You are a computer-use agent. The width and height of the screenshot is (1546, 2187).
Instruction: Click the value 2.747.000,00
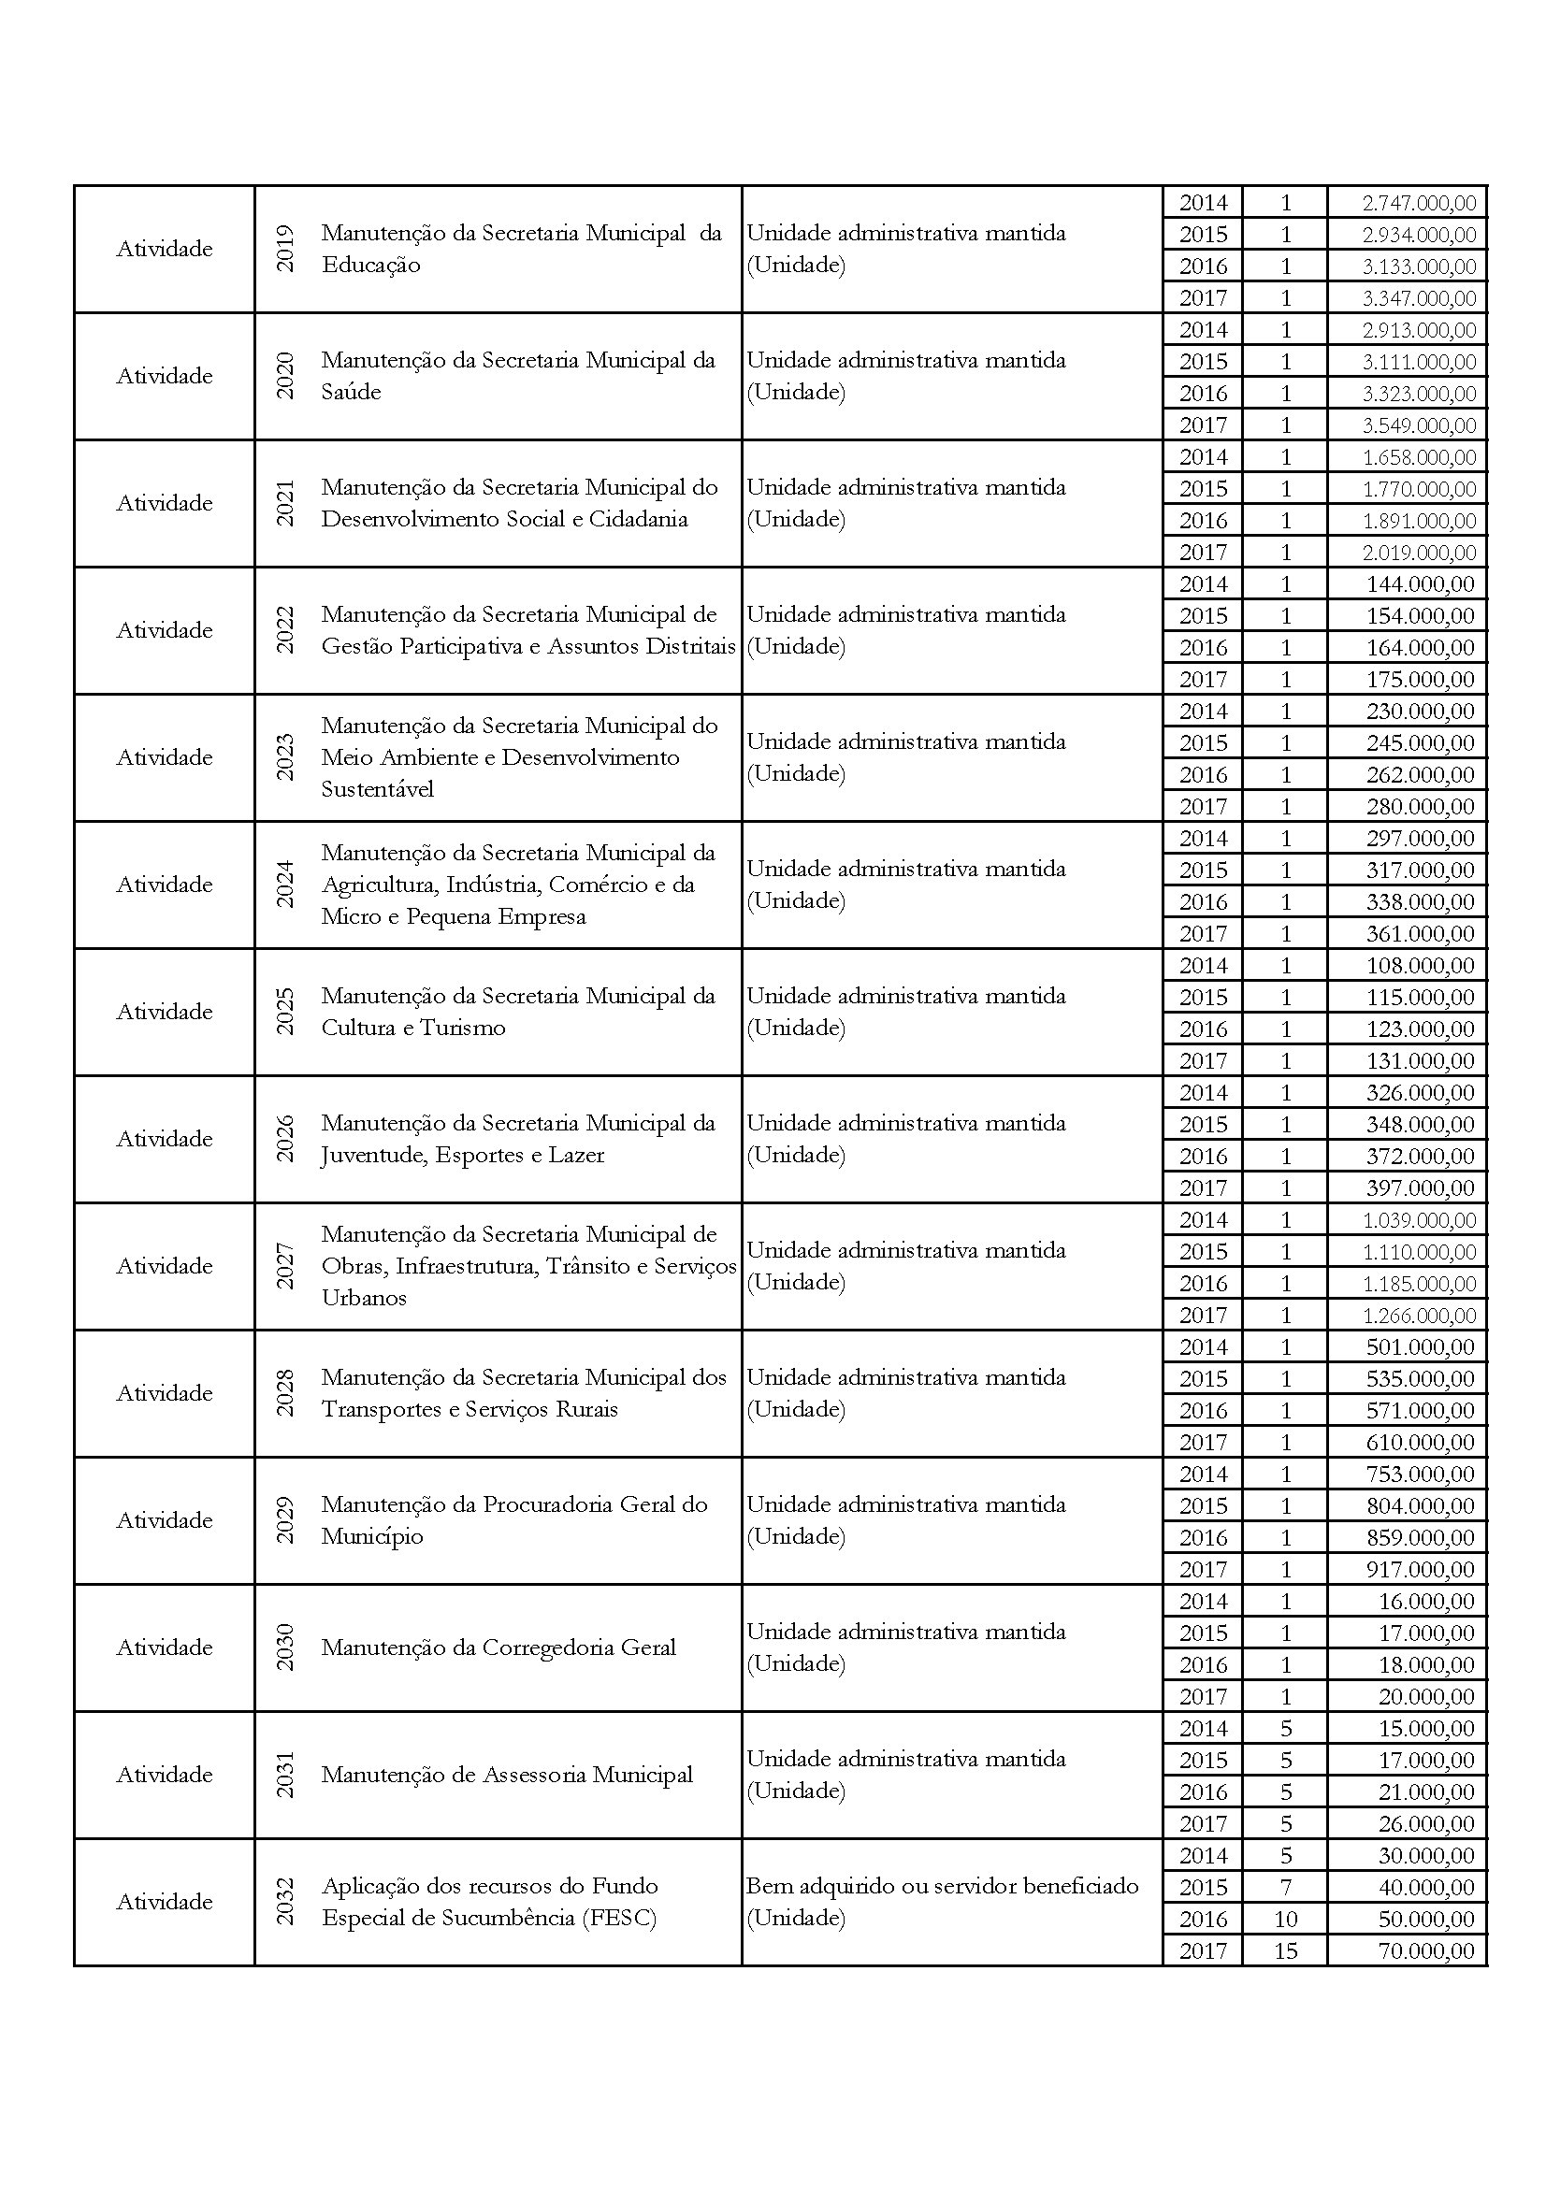coord(1419,203)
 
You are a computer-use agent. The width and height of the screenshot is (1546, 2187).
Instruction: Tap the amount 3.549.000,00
coord(1419,424)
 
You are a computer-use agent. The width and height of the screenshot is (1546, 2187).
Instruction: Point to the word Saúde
coord(351,392)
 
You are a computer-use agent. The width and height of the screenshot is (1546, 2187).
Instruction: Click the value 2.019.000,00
coord(1419,553)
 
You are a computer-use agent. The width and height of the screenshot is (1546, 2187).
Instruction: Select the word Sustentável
coord(377,790)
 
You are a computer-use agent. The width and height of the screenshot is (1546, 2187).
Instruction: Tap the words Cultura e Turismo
coord(412,1028)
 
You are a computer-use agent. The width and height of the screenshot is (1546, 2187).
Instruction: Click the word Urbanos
coord(364,1299)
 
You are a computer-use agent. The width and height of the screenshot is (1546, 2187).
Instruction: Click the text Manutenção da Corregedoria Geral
coord(498,1647)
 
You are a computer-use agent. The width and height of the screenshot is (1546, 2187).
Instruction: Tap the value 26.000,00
coord(1426,1823)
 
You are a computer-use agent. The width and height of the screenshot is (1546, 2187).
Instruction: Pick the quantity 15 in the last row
coord(1285,1950)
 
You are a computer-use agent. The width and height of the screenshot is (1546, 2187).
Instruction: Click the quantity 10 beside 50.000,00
coord(1285,1919)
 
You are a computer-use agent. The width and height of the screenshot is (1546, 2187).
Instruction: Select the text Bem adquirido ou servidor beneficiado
coord(942,1886)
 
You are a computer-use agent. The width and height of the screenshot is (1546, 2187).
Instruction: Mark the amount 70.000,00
coord(1426,1950)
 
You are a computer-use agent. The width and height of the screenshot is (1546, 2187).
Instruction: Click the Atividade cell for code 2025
coord(165,1012)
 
